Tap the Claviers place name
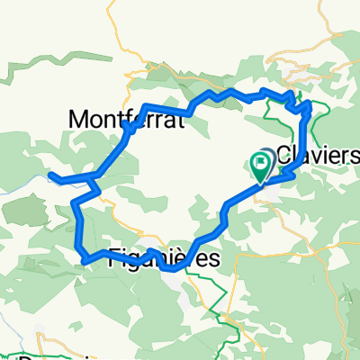316,154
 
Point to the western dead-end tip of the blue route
51,175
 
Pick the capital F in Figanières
112,257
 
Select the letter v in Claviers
313,154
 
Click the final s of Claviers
352,154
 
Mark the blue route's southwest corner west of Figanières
84,261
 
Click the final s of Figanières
213,257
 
